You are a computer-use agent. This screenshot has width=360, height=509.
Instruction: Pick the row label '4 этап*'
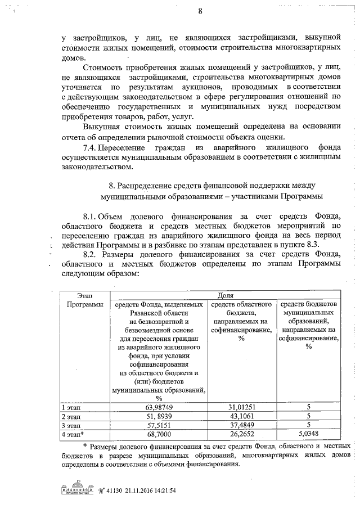[73, 434]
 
